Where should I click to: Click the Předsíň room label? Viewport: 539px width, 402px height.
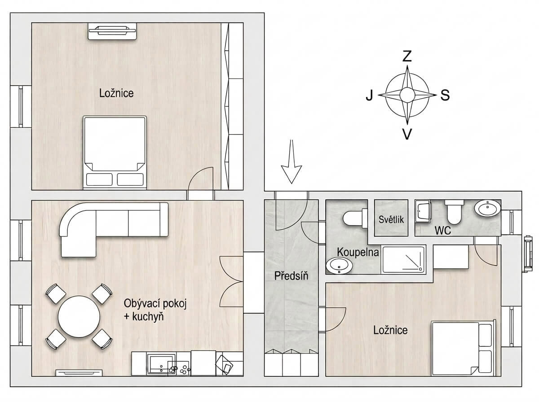tap(291, 276)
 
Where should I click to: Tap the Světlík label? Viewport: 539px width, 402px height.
tap(391, 219)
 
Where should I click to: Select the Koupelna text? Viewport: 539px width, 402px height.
tap(358, 252)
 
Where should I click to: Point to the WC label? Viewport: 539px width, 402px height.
tap(443, 231)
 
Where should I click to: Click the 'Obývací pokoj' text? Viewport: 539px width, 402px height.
tap(155, 304)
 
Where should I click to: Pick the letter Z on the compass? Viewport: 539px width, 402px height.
tap(407, 56)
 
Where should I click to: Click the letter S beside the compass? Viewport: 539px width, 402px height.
tap(445, 95)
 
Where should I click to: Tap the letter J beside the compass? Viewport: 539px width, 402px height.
tap(369, 95)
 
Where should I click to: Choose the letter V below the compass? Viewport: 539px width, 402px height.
tap(407, 134)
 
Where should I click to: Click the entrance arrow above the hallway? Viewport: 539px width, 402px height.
tap(292, 162)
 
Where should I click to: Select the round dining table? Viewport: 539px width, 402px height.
tap(79, 316)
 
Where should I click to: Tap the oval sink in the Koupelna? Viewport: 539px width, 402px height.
tap(340, 266)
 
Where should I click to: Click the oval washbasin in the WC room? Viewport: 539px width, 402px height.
tap(487, 209)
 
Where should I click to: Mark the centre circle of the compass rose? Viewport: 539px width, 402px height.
tap(407, 95)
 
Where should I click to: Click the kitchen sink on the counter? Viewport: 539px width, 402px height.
tap(161, 364)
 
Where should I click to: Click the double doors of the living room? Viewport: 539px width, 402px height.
tap(231, 282)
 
